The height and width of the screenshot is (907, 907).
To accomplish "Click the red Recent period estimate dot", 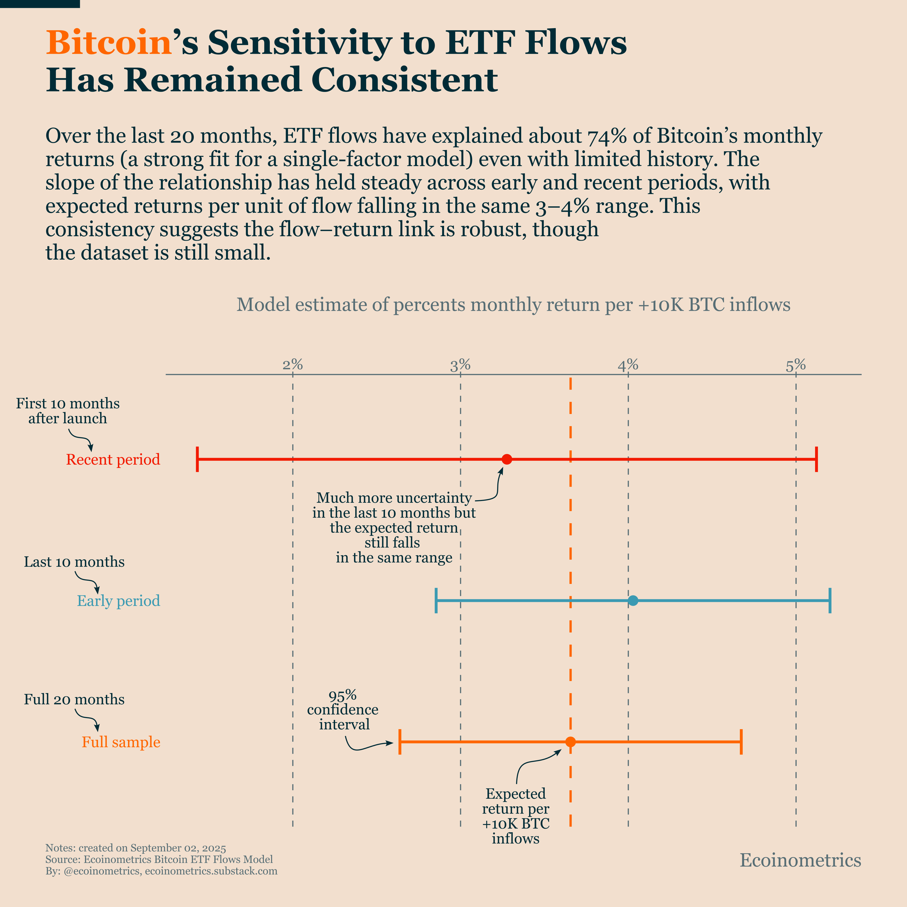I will (507, 459).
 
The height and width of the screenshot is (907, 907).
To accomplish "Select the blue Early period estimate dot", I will (633, 600).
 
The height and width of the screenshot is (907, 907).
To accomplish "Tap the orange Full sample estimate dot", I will (570, 742).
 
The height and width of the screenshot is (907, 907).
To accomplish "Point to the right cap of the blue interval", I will (830, 600).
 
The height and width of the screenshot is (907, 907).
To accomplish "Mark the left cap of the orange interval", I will (400, 742).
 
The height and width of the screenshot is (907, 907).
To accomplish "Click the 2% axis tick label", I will (292, 365).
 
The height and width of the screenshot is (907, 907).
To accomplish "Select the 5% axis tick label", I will (796, 365).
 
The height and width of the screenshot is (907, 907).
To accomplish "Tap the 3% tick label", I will (460, 365).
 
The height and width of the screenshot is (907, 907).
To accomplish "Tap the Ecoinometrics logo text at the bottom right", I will (801, 860).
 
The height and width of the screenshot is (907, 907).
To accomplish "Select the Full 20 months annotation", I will (74, 699).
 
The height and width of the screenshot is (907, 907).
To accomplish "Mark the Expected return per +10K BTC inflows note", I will (516, 816).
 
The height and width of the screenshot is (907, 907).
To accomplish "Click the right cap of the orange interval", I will (741, 742).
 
